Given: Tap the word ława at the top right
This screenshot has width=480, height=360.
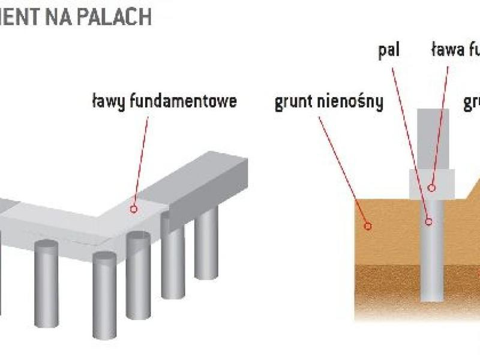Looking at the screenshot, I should tap(451, 50).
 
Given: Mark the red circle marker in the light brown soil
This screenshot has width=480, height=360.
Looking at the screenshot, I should tap(368, 226).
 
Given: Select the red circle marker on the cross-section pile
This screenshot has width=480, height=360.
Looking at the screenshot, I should tap(429, 221).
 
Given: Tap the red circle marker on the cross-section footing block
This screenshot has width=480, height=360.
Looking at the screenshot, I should tap(431, 187).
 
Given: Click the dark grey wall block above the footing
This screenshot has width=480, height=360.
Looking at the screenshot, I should tap(433, 138).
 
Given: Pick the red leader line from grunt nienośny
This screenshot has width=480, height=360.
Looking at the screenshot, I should tap(342, 168).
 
